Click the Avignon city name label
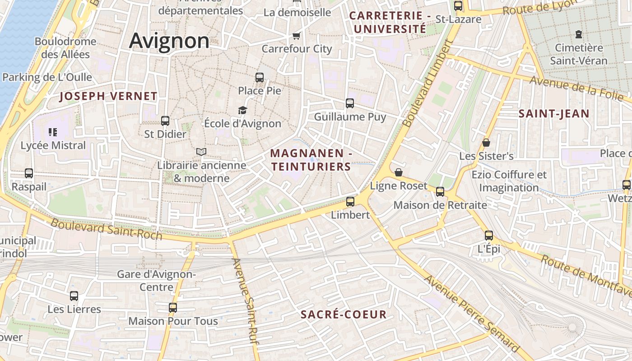(x=169, y=41)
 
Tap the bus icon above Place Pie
(x=260, y=77)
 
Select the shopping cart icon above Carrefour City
(x=296, y=36)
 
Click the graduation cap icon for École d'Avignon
(x=243, y=110)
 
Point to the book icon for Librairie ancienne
(x=201, y=152)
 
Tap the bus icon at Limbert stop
(x=350, y=202)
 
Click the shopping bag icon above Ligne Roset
(x=398, y=172)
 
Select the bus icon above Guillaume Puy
(x=350, y=103)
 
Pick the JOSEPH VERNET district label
(x=108, y=96)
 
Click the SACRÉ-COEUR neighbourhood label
(x=344, y=315)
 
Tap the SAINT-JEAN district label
(x=554, y=114)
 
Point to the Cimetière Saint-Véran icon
(x=578, y=34)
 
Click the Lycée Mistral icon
(x=53, y=132)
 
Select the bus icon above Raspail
(x=29, y=173)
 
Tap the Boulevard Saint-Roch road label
(x=106, y=229)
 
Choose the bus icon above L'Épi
(x=489, y=235)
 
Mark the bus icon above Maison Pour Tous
(x=173, y=308)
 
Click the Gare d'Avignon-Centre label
(x=156, y=281)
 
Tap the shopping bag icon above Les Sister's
(x=486, y=143)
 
